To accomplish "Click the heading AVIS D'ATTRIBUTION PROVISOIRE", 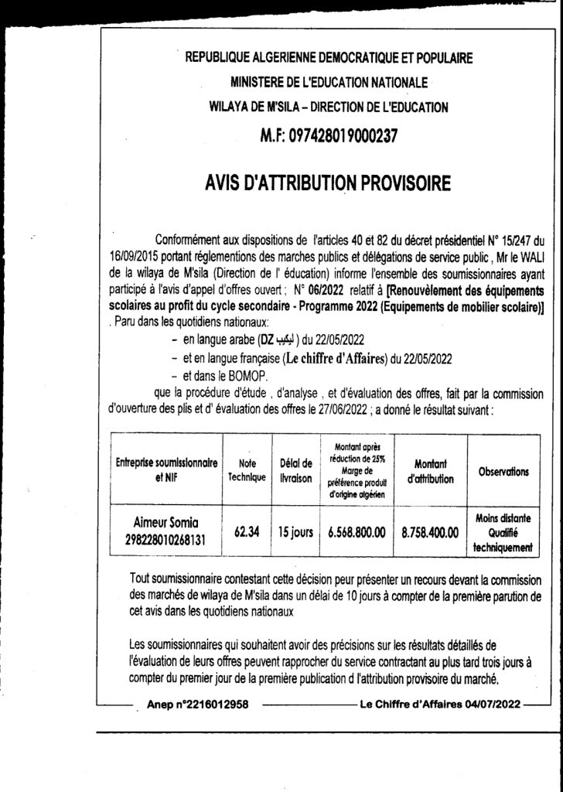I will click(x=328, y=184).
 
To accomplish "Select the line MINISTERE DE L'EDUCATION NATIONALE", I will click(x=329, y=82).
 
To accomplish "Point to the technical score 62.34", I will click(x=246, y=532).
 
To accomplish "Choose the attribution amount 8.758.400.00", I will click(x=429, y=532).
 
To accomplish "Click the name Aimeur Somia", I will click(x=167, y=524).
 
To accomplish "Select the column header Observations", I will click(x=503, y=472).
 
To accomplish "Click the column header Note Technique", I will click(x=246, y=472).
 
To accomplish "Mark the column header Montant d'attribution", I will click(x=429, y=472).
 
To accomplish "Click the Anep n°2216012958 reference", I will click(x=197, y=705).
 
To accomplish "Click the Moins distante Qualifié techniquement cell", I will click(x=503, y=532).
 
